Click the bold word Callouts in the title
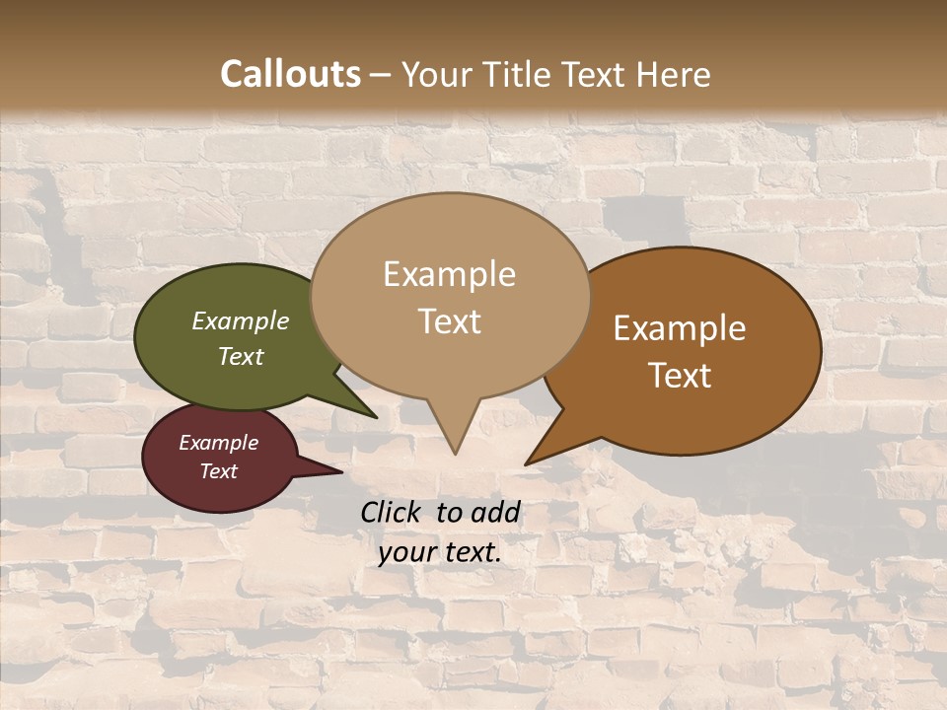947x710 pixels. [x=290, y=74]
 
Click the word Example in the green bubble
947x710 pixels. [x=241, y=320]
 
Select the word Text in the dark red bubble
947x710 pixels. [x=219, y=471]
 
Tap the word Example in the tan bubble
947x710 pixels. [x=449, y=274]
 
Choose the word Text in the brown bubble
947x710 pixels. [x=680, y=376]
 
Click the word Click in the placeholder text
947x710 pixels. [x=392, y=512]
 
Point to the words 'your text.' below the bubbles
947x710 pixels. [x=440, y=552]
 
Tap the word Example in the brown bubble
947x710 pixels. [x=680, y=328]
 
